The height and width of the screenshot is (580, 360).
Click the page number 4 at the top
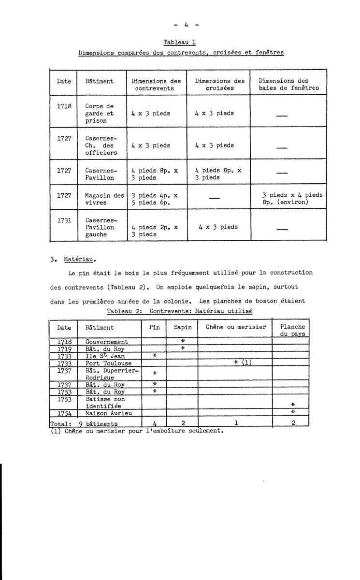point(180,23)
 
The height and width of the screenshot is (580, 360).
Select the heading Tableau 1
point(180,42)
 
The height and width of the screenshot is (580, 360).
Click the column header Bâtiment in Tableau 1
point(99,81)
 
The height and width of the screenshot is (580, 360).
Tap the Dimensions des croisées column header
point(220,85)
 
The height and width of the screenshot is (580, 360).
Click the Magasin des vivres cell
point(104,199)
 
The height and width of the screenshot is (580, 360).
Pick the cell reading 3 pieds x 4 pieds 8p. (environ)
point(292,199)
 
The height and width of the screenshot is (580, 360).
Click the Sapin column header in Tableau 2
point(183,327)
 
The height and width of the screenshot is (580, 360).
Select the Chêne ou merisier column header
point(236,327)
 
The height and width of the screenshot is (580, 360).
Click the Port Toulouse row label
point(107,363)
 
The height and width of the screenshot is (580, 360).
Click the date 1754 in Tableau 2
point(64,413)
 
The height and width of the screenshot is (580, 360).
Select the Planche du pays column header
point(292,330)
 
